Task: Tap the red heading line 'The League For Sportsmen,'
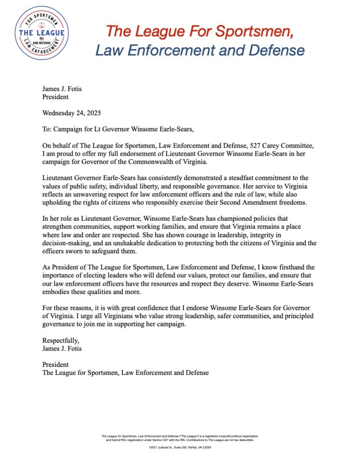(199, 31)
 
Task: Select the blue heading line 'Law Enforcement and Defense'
(199, 50)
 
